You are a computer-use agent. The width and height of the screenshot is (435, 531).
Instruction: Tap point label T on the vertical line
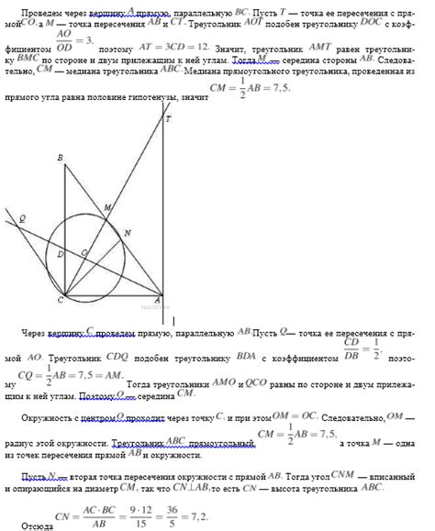tap(168, 119)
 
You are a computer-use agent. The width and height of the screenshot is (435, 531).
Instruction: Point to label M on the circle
tap(106, 208)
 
